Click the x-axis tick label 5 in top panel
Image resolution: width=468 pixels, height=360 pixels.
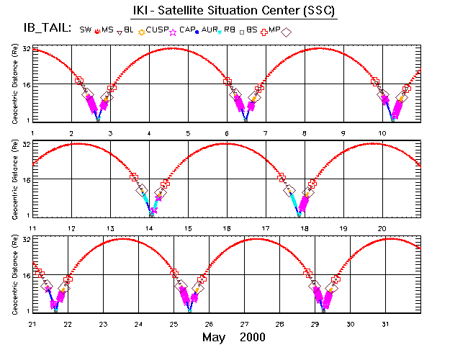coord(188,133)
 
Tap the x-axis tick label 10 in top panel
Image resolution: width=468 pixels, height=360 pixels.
coord(382,133)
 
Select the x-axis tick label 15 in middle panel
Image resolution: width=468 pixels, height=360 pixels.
coord(188,228)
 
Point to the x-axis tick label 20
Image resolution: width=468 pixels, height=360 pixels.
coord(382,228)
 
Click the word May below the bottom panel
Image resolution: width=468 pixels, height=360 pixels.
coord(214,338)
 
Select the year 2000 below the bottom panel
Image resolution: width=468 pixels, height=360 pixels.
coord(253,338)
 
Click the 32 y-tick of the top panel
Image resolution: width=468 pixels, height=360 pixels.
coord(25,49)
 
